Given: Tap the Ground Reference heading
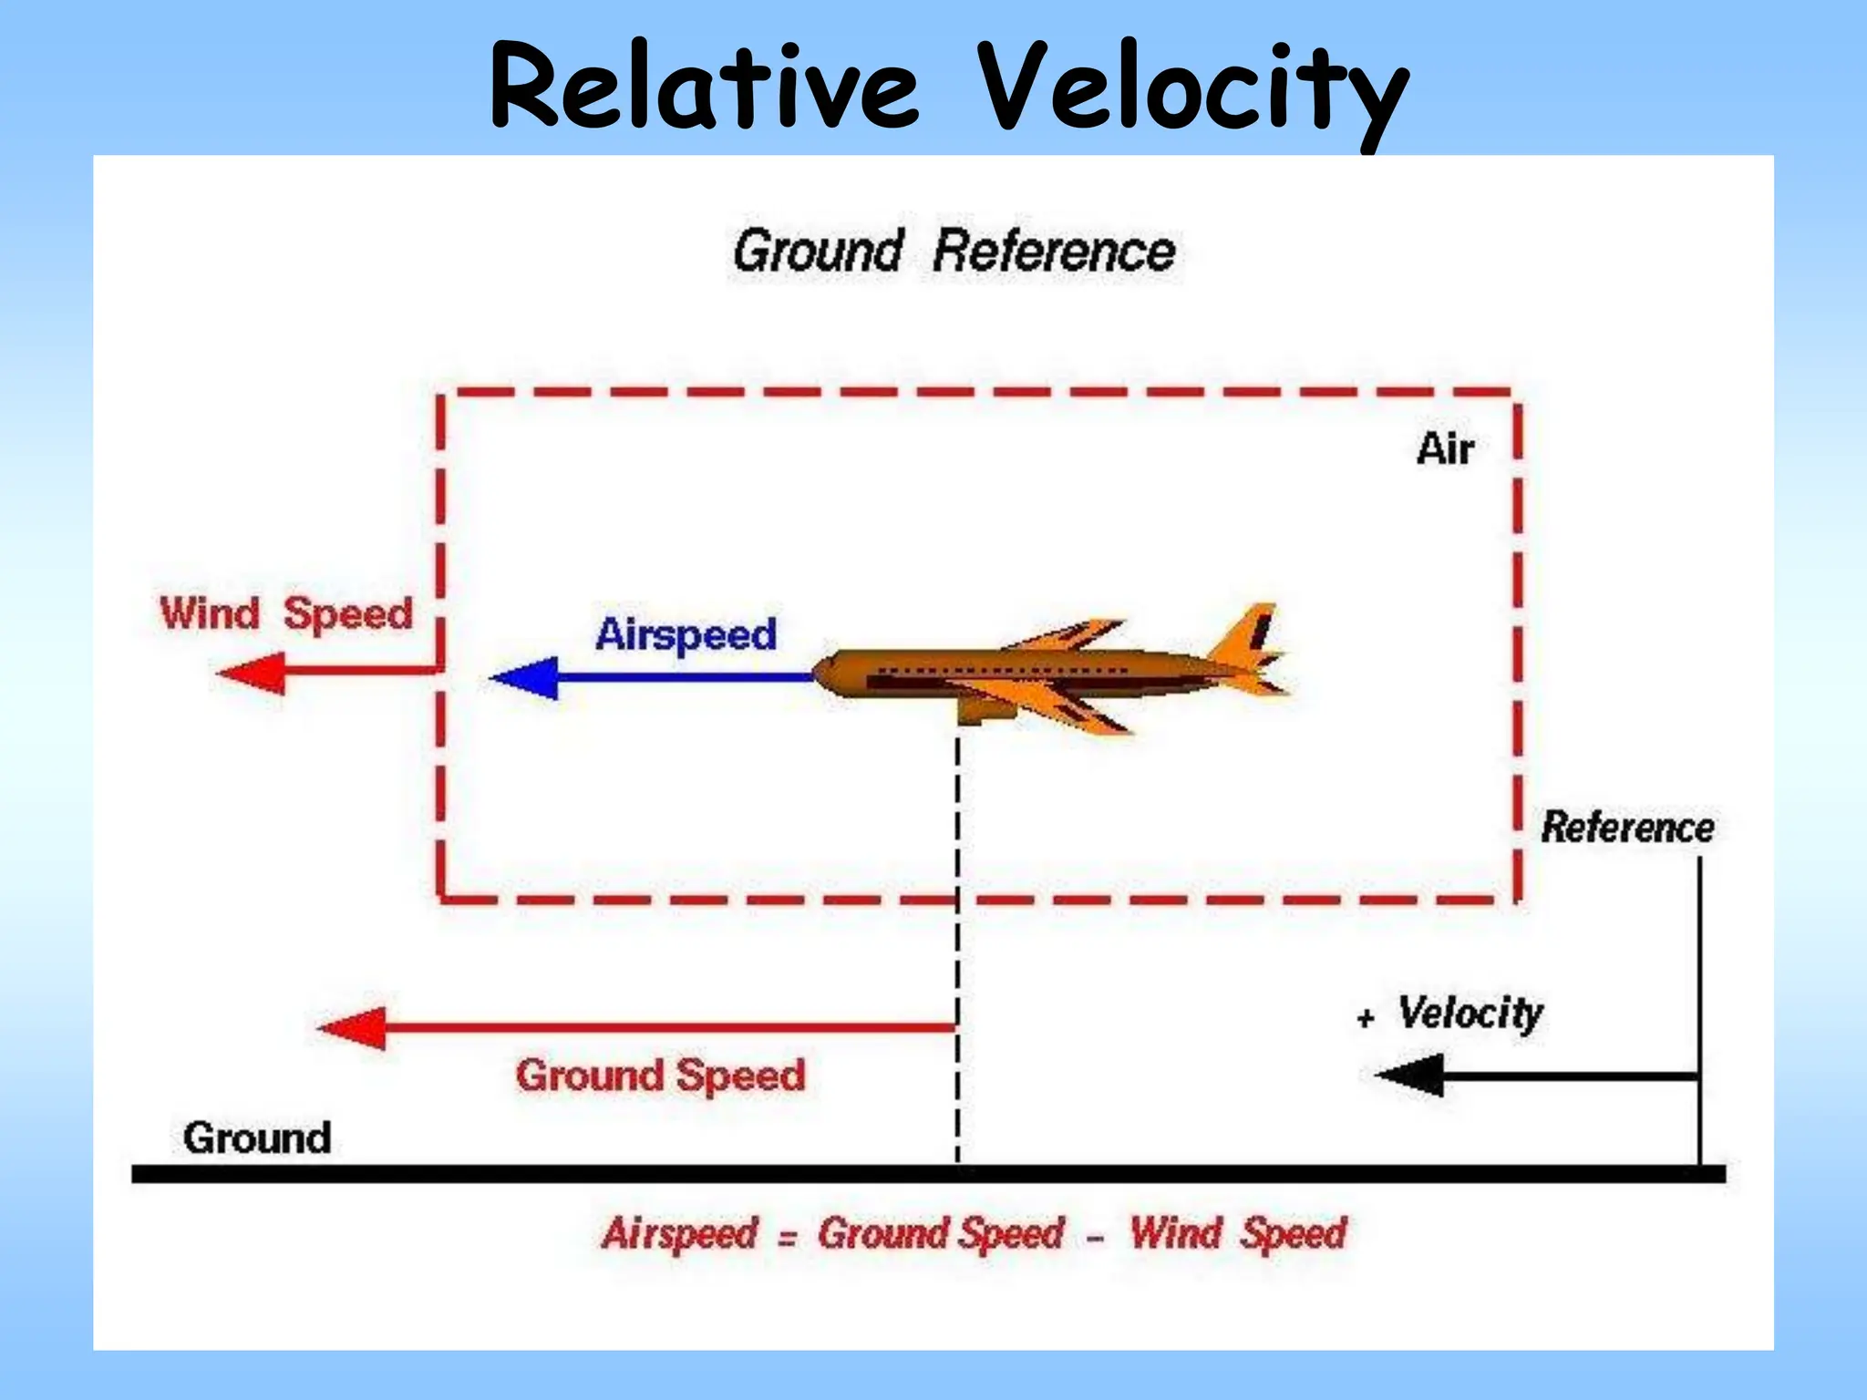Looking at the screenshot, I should (x=954, y=252).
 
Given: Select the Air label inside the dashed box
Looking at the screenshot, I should (x=1445, y=449).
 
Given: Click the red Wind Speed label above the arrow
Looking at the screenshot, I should (x=286, y=613).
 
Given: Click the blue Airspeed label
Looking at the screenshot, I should (x=686, y=634).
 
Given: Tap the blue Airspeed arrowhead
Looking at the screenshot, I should (x=526, y=677).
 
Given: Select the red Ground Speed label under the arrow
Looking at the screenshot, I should (x=660, y=1076).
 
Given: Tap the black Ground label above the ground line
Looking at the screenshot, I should (x=257, y=1138).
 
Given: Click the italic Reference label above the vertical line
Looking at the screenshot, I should (x=1627, y=828).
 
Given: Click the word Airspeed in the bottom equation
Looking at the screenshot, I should (x=680, y=1234).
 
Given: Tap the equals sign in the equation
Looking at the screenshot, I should (x=788, y=1238).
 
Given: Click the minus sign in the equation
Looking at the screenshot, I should (x=1096, y=1238).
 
